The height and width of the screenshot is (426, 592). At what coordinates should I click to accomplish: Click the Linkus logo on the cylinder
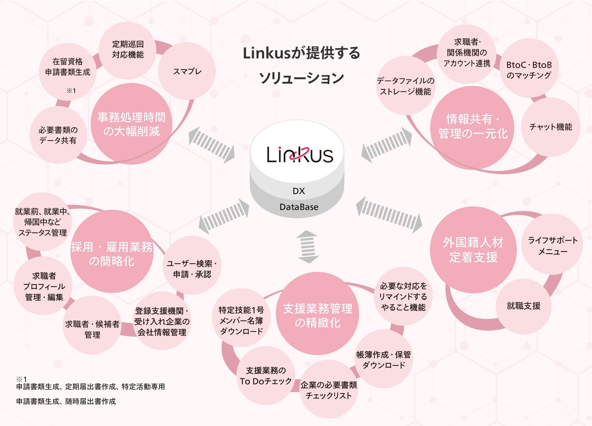300,155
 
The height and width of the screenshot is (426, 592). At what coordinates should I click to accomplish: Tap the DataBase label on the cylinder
299,207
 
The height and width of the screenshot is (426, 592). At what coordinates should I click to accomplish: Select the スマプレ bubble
187,71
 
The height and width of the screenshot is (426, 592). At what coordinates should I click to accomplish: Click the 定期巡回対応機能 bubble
128,50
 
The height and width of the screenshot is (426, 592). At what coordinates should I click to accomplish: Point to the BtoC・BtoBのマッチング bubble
529,70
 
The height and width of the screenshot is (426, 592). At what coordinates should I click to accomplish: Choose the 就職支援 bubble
523,306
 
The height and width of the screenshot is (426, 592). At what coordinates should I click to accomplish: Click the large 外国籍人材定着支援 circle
473,250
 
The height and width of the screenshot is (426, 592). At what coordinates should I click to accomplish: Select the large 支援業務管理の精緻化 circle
318,316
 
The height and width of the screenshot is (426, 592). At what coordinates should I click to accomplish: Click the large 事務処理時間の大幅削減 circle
131,124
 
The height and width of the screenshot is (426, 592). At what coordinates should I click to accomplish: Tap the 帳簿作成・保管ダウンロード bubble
383,360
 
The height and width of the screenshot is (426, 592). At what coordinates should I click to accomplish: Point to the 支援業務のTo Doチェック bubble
266,376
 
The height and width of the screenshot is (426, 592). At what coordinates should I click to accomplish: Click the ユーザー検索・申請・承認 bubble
192,269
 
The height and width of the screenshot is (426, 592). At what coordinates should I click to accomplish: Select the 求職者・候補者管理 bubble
92,329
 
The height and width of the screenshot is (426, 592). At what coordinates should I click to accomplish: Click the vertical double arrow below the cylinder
308,247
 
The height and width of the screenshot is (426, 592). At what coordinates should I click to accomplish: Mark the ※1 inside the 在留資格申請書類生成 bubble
71,91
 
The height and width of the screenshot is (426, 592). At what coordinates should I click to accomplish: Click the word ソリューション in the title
301,78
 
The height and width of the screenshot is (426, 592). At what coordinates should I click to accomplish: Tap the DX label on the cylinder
299,191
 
